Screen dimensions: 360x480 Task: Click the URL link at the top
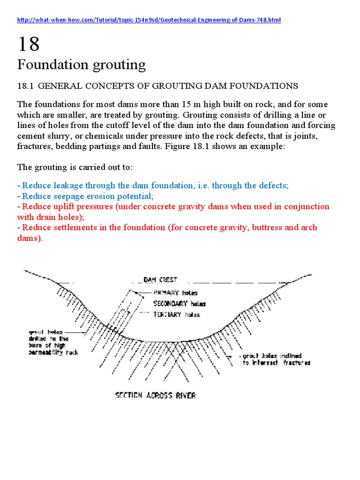coord(149,21)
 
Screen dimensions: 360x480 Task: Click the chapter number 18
coord(29,45)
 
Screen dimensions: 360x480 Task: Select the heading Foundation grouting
coord(82,64)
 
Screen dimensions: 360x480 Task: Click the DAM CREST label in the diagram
coord(161,280)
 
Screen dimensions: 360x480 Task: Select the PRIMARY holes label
coord(175,292)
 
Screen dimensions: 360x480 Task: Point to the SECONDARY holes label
coord(179,304)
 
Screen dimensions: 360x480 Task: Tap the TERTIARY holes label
coord(176,315)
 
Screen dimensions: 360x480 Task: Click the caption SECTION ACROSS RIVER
coord(155,395)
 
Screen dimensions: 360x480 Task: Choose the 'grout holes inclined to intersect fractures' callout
coord(276,359)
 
